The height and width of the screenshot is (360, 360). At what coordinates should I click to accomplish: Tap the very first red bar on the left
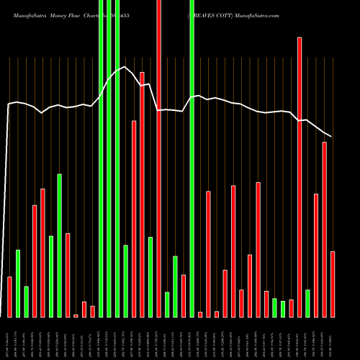(9, 297)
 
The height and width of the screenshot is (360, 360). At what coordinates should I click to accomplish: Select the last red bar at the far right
(333, 284)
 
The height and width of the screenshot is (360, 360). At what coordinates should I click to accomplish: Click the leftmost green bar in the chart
(18, 283)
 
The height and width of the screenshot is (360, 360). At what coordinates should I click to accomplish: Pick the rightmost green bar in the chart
(307, 303)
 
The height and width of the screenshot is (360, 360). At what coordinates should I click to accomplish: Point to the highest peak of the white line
(125, 67)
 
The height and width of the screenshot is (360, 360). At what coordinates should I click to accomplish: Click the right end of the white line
(331, 137)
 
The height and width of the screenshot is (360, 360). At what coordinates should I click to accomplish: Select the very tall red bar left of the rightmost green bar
(300, 176)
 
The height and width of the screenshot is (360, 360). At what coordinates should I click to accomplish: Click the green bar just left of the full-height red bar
(150, 276)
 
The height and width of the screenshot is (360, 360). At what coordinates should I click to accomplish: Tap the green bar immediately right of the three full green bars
(125, 281)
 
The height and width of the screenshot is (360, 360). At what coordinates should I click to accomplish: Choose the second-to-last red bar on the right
(324, 229)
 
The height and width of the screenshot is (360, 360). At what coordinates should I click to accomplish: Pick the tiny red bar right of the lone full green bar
(200, 314)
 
